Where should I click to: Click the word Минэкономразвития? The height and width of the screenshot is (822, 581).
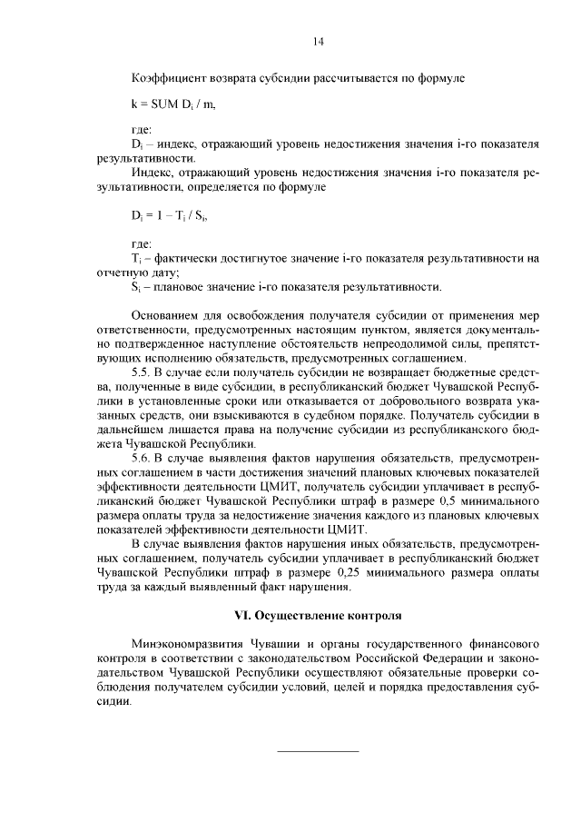186,643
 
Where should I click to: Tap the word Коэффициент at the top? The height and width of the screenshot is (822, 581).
167,78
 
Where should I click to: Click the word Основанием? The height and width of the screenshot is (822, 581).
165,315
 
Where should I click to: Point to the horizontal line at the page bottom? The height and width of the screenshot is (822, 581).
317,751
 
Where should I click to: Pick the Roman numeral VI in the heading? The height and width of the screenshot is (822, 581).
241,615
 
